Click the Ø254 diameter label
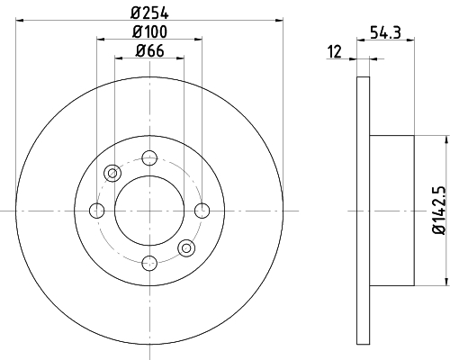[149, 13]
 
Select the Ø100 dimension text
[149, 32]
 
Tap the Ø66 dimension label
[149, 50]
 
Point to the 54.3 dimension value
[385, 32]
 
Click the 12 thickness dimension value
[335, 51]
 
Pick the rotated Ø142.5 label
[439, 210]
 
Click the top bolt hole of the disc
[149, 157]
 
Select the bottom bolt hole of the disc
[149, 263]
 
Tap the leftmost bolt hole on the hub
[97, 211]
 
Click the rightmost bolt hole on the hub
[202, 211]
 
